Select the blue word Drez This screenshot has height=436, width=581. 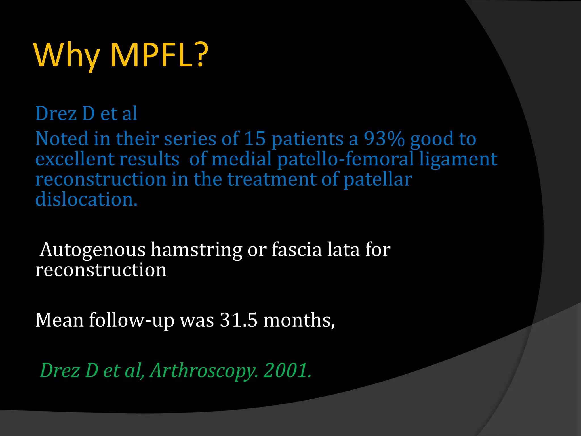pyautogui.click(x=56, y=114)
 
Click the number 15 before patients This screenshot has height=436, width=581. pyautogui.click(x=254, y=139)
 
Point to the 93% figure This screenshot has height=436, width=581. pyautogui.click(x=384, y=139)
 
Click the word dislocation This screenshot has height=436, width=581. pyautogui.click(x=86, y=199)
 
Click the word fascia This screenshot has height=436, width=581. pyautogui.click(x=297, y=250)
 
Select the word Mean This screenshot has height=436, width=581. pyautogui.click(x=59, y=320)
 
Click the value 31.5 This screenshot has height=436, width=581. pyautogui.click(x=239, y=320)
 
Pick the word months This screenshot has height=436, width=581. pyautogui.click(x=299, y=320)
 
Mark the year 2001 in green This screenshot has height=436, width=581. pyautogui.click(x=287, y=370)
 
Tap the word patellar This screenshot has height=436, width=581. pyautogui.click(x=378, y=180)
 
